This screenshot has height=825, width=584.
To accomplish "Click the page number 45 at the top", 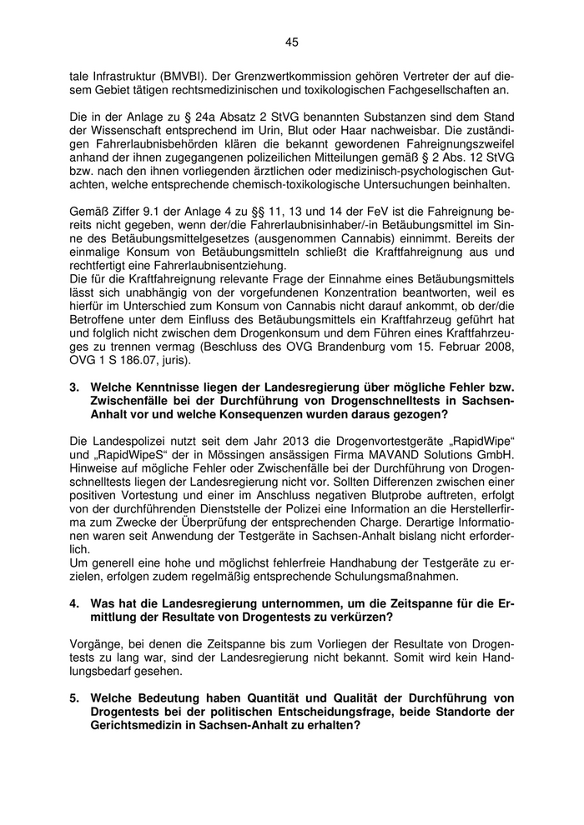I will coord(291,42).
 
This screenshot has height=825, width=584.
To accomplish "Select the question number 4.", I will coord(73,602).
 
